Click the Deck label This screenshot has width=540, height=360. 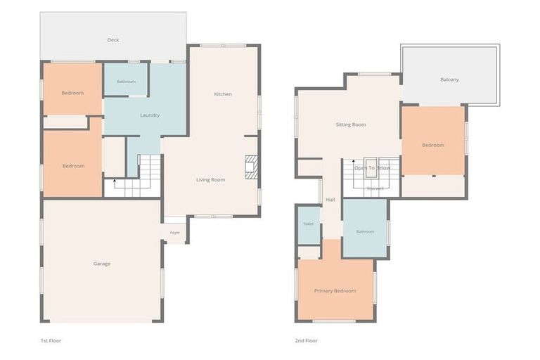[113, 40]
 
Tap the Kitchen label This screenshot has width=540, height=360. [223, 94]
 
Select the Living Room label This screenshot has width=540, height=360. [210, 180]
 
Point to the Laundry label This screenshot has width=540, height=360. [150, 115]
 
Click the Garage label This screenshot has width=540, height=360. [102, 264]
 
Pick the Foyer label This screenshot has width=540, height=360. [175, 233]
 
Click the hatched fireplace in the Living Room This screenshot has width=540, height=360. [251, 167]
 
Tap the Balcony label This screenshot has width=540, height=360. [449, 79]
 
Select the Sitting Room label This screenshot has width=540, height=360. [351, 124]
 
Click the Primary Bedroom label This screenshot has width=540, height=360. [335, 291]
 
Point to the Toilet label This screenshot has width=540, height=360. [308, 224]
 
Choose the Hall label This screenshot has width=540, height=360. [330, 200]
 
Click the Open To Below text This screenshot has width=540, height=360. [372, 168]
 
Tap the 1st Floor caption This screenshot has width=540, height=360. [51, 341]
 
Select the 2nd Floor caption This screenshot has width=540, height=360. [306, 341]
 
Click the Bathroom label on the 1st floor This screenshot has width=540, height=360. [126, 82]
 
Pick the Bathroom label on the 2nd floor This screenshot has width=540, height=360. [365, 231]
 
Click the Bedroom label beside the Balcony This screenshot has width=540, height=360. [433, 145]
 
